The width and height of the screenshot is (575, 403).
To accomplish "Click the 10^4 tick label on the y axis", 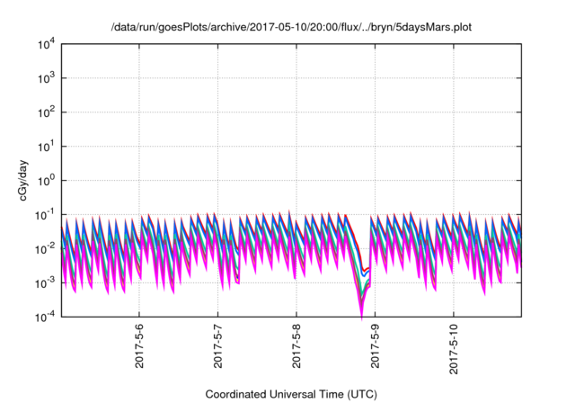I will click(45, 44).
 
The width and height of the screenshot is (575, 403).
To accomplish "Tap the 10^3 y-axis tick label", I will click(45, 78).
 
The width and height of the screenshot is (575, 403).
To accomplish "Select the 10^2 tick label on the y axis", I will click(45, 112).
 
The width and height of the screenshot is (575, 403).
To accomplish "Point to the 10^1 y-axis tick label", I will click(45, 146).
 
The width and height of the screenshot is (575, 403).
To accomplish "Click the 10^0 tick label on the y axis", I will click(45, 180).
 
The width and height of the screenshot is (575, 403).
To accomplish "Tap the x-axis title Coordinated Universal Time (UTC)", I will click(291, 394).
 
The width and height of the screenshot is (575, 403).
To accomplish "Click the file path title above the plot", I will click(291, 27).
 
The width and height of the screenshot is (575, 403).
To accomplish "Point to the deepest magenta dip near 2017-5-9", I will click(361, 318).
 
